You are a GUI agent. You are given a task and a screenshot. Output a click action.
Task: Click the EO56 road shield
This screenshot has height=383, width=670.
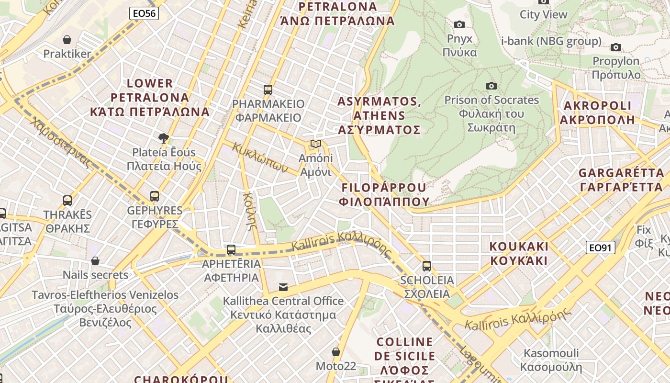[x=144, y=13]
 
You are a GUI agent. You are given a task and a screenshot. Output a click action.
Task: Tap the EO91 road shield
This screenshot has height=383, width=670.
[x=600, y=248]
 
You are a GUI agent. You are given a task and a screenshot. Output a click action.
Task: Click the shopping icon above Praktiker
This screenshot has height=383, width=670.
[x=67, y=40]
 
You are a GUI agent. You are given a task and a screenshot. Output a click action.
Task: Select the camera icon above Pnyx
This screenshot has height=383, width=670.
[x=459, y=24]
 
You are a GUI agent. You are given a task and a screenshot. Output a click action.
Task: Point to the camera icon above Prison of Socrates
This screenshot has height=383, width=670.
[x=491, y=86]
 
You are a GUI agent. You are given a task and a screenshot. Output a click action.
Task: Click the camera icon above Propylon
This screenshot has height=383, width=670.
[x=616, y=47]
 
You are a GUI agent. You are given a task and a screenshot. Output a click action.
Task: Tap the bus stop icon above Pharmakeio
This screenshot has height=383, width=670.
[x=268, y=90]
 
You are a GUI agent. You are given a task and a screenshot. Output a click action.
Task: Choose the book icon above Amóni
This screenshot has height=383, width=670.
[x=315, y=144]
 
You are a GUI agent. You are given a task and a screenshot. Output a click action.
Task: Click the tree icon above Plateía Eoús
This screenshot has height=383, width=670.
[x=164, y=138]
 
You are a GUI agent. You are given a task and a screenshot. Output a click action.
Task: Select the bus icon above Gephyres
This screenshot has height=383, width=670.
[x=154, y=196]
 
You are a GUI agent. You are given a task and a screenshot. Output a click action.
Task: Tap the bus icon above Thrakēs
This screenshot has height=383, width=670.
[x=67, y=200]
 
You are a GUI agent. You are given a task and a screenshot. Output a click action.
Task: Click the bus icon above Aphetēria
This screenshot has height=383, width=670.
[x=231, y=249]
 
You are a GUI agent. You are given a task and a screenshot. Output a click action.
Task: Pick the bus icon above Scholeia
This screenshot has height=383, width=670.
[x=426, y=266]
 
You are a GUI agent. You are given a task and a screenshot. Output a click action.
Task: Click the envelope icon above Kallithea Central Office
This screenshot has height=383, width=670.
[x=283, y=287]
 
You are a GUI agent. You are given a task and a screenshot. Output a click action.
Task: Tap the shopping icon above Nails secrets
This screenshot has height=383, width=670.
[x=95, y=261]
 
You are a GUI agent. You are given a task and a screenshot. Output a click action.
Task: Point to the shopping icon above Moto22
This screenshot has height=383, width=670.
[x=336, y=352]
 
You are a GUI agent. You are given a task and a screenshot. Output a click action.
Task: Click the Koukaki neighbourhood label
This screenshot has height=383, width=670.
[x=519, y=254]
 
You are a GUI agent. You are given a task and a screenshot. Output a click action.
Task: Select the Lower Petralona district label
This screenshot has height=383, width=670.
[x=150, y=97]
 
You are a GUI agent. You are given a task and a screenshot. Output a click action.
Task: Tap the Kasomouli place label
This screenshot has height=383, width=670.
[x=551, y=360]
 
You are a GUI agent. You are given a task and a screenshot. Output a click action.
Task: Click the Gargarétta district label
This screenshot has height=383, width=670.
[x=621, y=180]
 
